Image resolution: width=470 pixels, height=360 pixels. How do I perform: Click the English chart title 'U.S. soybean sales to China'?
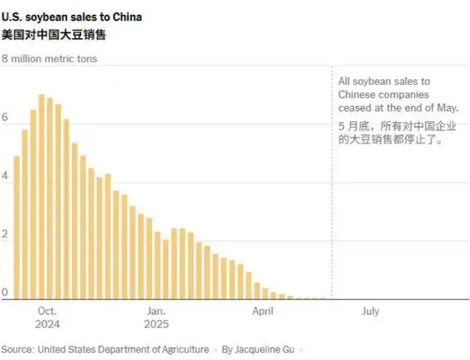click(72, 17)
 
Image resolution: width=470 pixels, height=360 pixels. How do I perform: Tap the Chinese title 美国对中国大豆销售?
click(54, 35)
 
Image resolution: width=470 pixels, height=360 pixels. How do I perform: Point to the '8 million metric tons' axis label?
click(49, 59)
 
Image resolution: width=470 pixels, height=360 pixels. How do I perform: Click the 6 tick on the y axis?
click(5, 118)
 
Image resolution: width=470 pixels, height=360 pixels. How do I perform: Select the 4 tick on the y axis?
click(5, 176)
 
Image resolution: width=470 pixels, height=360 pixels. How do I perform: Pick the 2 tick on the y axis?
click(5, 235)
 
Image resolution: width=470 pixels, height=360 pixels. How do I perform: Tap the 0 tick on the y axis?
click(5, 293)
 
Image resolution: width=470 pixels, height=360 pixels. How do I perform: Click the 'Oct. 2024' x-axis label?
click(47, 317)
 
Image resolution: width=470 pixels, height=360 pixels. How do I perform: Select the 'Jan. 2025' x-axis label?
click(156, 317)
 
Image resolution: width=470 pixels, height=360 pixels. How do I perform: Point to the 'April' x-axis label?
click(263, 311)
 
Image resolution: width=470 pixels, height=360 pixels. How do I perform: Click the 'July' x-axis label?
click(370, 311)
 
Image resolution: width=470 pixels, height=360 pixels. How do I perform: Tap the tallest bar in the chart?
click(41, 196)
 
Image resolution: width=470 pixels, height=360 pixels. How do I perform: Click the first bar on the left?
click(17, 227)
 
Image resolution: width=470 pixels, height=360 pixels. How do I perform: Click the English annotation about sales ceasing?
click(398, 95)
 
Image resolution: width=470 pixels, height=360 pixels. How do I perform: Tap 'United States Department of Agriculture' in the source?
click(123, 349)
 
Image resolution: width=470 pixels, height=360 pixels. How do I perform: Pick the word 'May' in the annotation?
click(448, 108)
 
